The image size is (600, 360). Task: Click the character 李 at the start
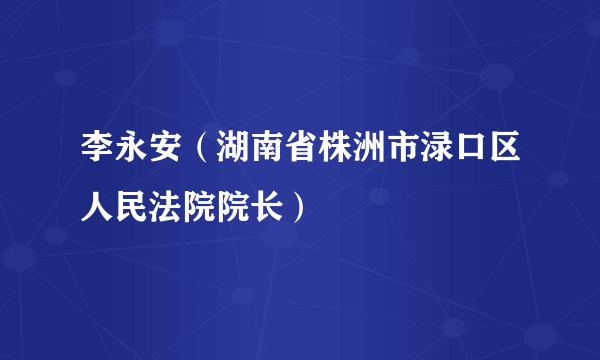coord(98,156)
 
